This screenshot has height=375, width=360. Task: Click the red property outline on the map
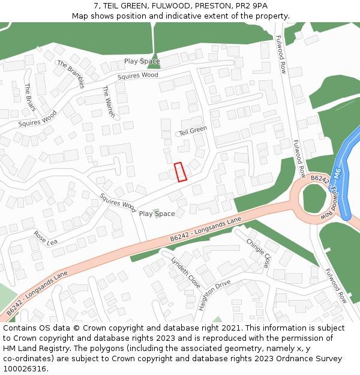180,172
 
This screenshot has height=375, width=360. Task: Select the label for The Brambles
71,74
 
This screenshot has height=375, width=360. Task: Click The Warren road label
108,101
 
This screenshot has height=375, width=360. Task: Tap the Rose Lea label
45,238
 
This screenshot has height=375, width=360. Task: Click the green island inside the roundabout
313,198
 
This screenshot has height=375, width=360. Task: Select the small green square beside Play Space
157,213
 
